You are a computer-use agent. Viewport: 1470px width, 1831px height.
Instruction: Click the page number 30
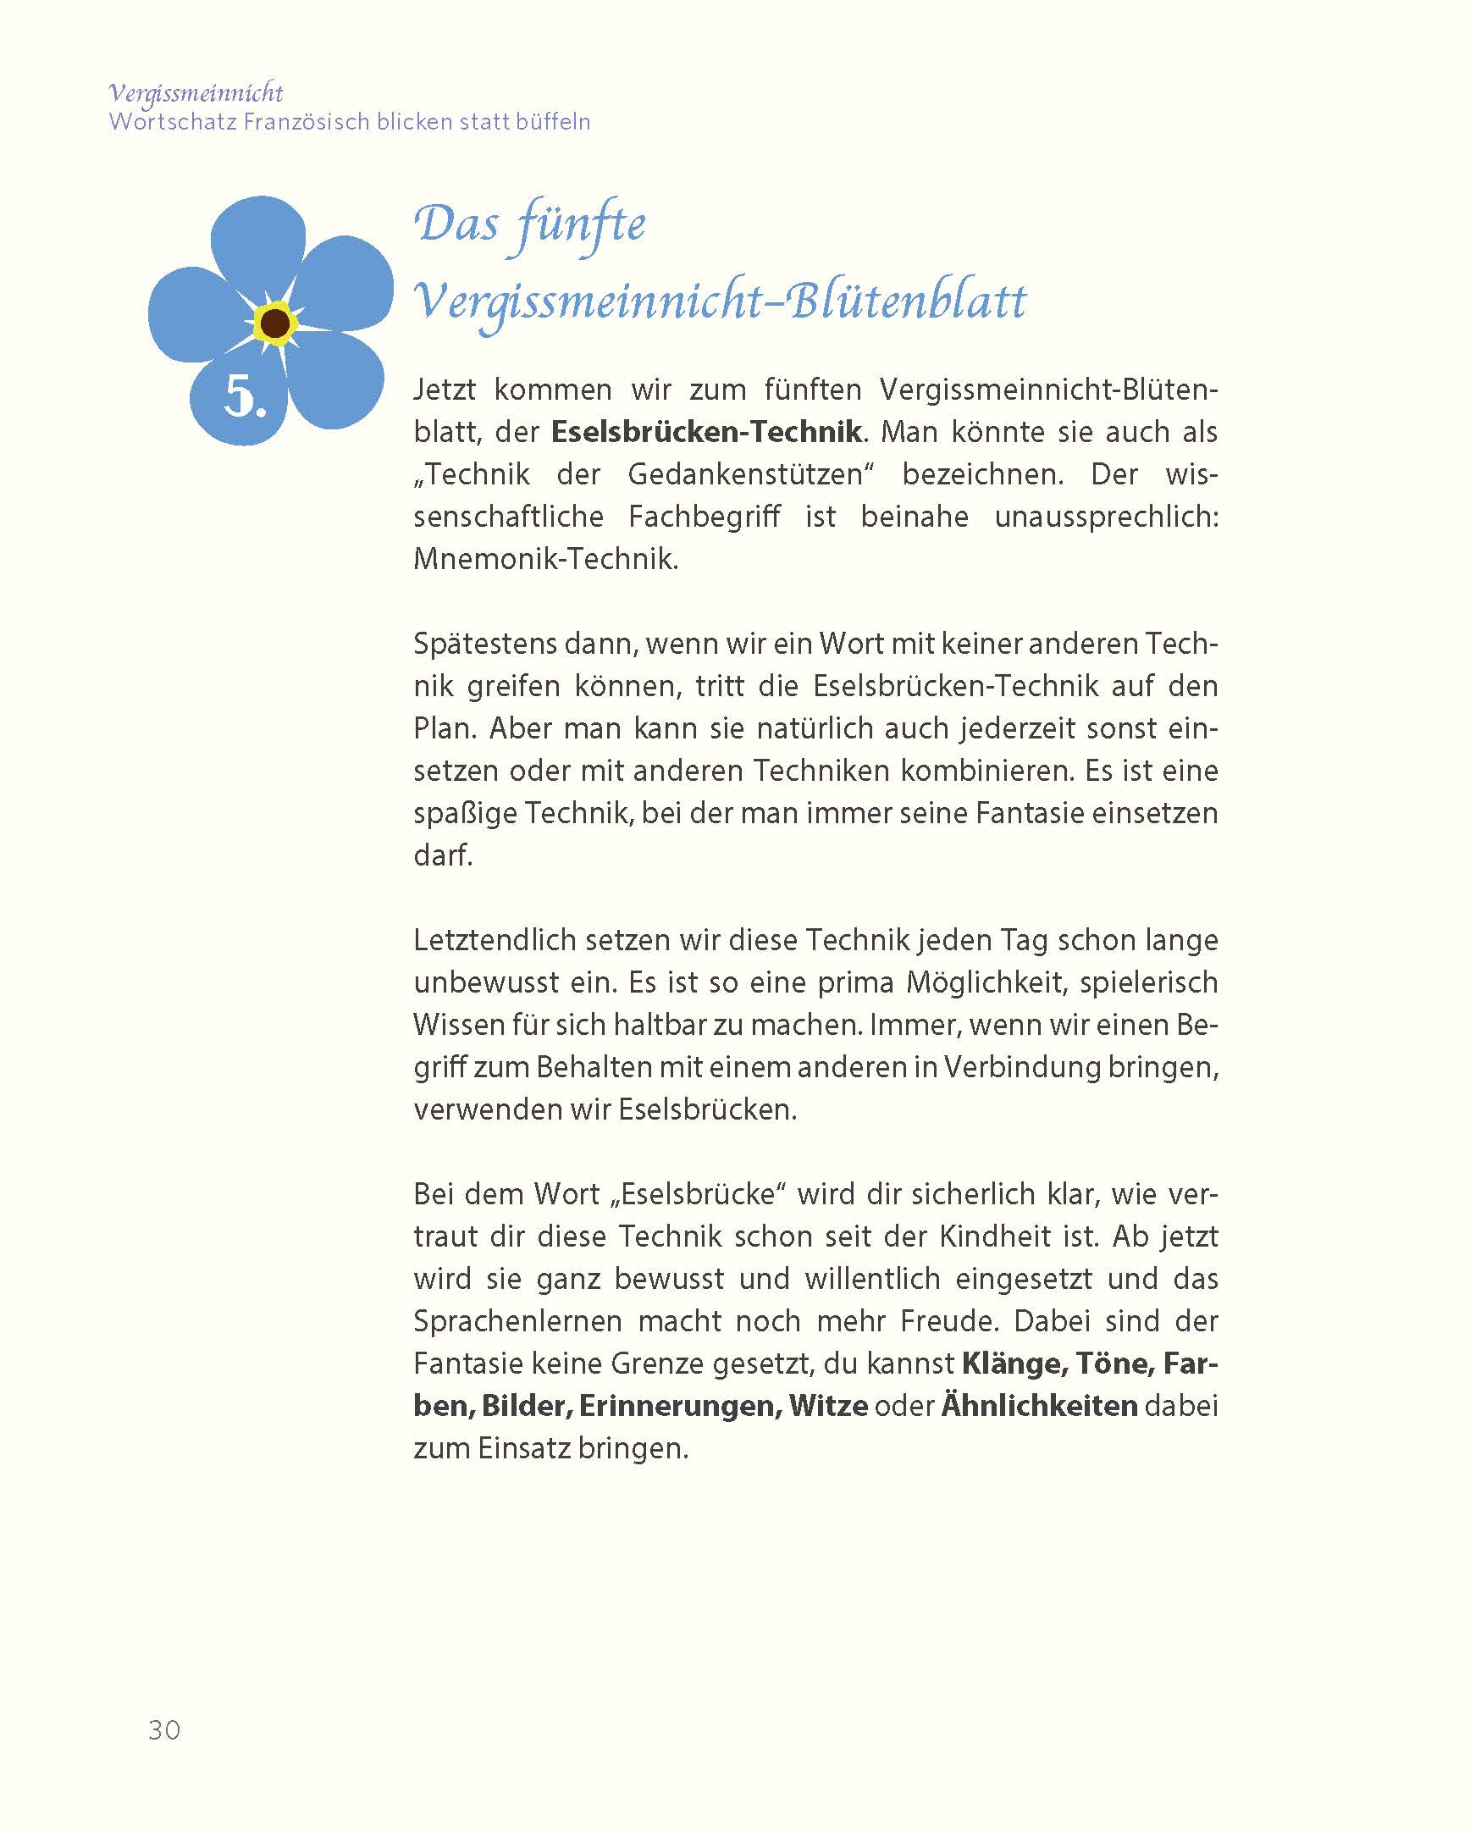coord(164,1730)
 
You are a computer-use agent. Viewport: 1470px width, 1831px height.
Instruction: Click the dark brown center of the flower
coord(274,323)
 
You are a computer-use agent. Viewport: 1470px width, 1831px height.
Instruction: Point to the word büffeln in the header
coord(550,121)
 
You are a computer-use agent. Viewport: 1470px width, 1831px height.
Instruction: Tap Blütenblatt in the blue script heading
coord(908,301)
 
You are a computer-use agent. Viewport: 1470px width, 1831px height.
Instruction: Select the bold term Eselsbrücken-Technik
coord(705,431)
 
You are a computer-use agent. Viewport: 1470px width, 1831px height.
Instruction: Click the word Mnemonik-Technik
coord(545,559)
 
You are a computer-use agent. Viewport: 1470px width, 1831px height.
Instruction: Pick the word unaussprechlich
coord(1106,517)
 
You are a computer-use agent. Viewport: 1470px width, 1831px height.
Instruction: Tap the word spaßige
coord(465,813)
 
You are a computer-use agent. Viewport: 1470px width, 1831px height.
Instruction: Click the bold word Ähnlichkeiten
coord(1039,1407)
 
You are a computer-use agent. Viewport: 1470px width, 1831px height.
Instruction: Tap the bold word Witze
coord(828,1407)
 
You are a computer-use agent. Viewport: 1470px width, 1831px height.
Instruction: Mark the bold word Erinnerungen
coord(680,1407)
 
